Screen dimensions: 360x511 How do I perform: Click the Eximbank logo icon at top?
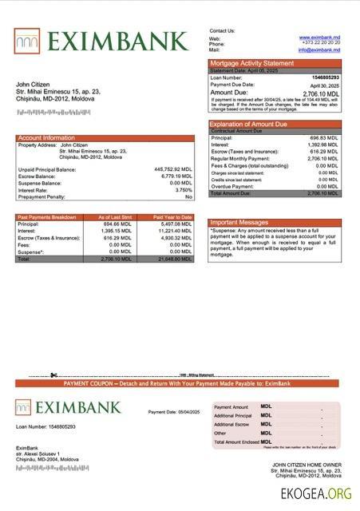pyautogui.click(x=27, y=40)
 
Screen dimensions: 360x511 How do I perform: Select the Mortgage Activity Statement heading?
pyautogui.click(x=251, y=63)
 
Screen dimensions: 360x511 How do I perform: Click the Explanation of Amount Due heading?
pyautogui.click(x=253, y=124)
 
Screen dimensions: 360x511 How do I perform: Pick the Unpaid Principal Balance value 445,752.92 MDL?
pyautogui.click(x=173, y=169)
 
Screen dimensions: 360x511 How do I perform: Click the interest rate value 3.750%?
pyautogui.click(x=183, y=190)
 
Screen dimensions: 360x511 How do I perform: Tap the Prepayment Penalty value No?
pyautogui.click(x=188, y=196)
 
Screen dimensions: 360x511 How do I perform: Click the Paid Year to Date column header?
pyautogui.click(x=173, y=217)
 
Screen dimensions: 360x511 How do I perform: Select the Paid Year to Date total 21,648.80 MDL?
pyautogui.click(x=175, y=259)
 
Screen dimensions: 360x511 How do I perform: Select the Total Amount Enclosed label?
pyautogui.click(x=235, y=442)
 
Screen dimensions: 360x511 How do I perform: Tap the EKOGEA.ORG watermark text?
pyautogui.click(x=316, y=494)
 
